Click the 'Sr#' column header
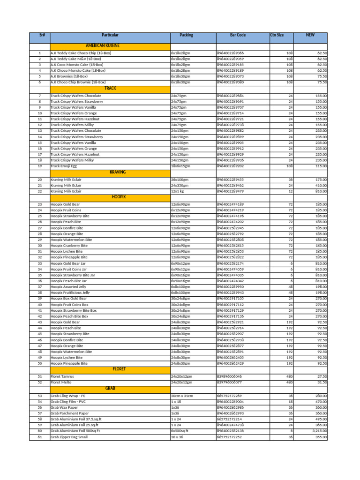(39, 36)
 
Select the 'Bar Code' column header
(238, 36)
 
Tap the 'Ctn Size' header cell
(277, 36)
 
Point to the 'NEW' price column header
(310, 36)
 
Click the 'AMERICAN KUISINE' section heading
(110, 46)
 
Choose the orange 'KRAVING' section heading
(117, 172)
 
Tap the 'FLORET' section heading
(119, 369)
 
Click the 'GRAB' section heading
(110, 389)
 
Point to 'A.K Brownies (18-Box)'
(69, 76)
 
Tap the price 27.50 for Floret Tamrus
(322, 376)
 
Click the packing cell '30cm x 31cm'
(183, 396)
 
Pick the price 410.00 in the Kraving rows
(321, 185)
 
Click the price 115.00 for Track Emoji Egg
(321, 166)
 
